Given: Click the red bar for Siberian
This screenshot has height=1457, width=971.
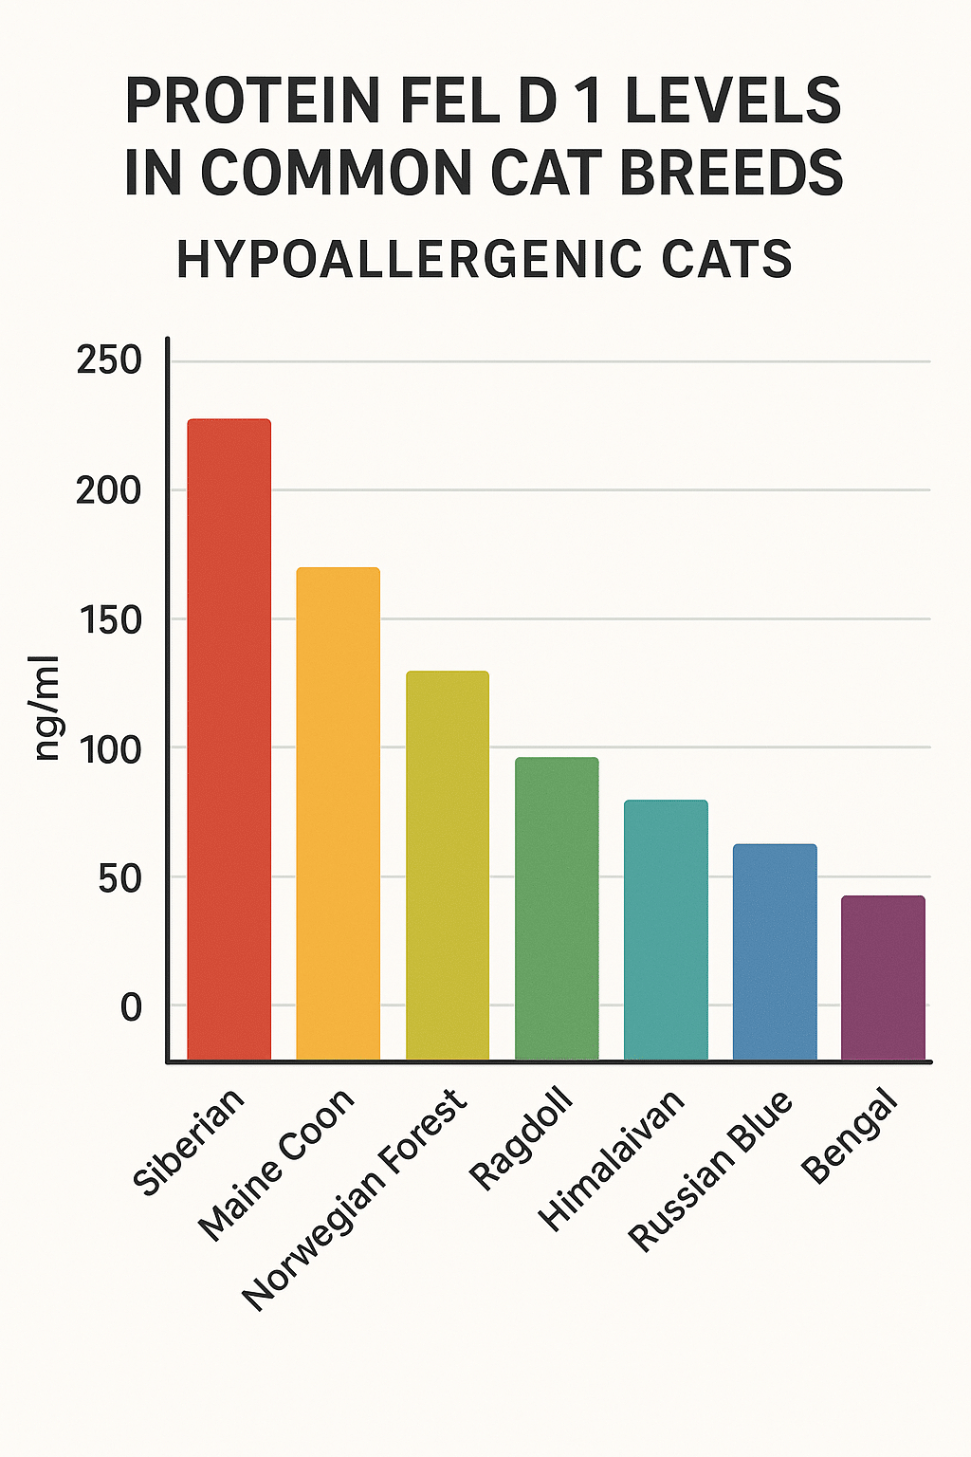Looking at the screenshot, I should click(x=229, y=740).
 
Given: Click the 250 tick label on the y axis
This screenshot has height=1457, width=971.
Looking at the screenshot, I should click(x=109, y=360).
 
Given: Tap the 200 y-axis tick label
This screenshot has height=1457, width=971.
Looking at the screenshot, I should click(x=109, y=490).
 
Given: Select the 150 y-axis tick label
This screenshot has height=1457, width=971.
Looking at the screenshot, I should click(x=109, y=620).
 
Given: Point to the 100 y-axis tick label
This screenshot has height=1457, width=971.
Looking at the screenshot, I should click(x=109, y=749).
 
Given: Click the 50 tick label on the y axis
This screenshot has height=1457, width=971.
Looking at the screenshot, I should click(x=119, y=878).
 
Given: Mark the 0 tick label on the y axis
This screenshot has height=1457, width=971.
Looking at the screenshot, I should click(x=131, y=1007).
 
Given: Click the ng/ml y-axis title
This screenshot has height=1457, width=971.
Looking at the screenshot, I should click(x=46, y=708).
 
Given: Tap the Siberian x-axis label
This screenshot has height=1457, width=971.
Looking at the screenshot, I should click(x=188, y=1142).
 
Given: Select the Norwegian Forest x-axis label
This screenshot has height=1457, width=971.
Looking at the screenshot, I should click(x=355, y=1200).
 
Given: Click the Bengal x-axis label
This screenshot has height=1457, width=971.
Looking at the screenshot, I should click(x=850, y=1136).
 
